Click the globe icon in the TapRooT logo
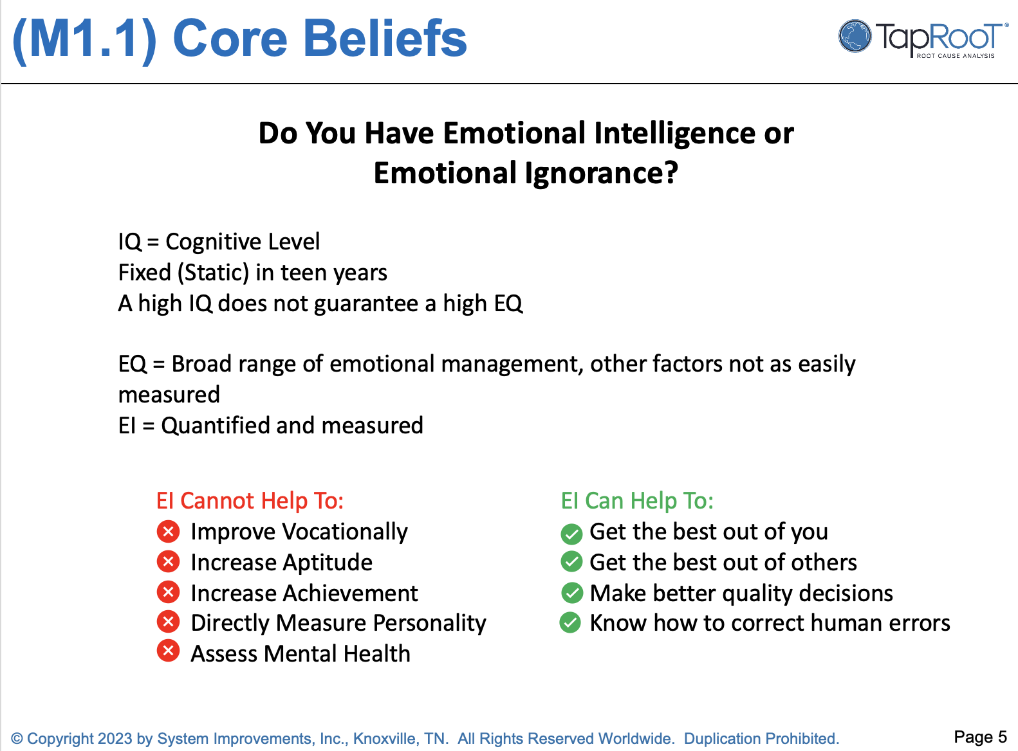click(855, 36)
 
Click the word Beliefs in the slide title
click(385, 39)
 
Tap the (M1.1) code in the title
click(84, 39)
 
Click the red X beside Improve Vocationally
click(168, 532)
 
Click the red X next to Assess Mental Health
click(168, 651)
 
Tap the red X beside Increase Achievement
click(168, 592)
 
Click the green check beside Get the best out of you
click(571, 534)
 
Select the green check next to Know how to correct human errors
click(570, 622)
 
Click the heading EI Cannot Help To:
click(250, 501)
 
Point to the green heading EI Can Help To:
click(637, 501)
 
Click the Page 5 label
click(980, 737)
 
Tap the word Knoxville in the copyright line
click(384, 739)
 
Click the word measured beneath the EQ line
click(169, 395)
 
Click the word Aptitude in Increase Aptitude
click(328, 563)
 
